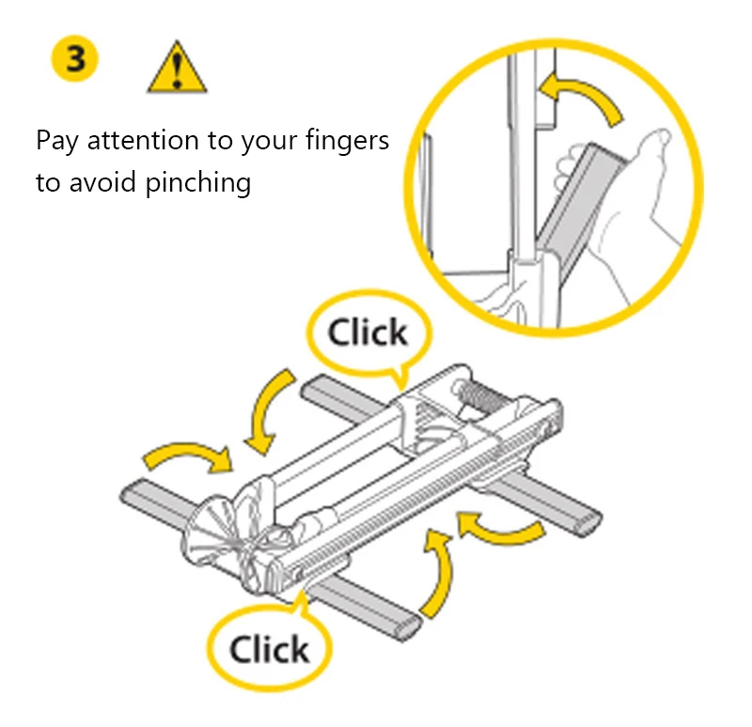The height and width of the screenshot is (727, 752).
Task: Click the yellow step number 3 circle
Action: click(x=74, y=58)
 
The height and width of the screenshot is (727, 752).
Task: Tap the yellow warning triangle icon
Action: click(x=177, y=67)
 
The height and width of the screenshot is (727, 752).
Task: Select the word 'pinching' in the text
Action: click(x=197, y=183)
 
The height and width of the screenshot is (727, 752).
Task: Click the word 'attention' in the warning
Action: click(x=143, y=141)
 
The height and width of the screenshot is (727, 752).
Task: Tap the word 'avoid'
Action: click(x=102, y=182)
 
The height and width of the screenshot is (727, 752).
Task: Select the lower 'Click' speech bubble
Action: click(x=270, y=648)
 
